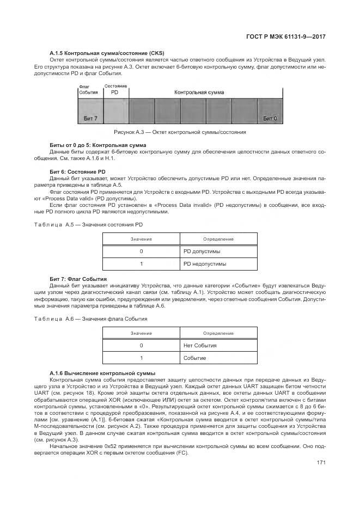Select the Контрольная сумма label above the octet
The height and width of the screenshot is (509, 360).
[x=199, y=93]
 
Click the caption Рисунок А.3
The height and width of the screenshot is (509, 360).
[x=180, y=132]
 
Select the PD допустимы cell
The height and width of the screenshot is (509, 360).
[x=202, y=252]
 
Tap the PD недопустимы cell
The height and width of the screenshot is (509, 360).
[x=205, y=263]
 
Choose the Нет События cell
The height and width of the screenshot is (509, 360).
[x=200, y=346]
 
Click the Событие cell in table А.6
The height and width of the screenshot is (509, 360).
[x=195, y=358]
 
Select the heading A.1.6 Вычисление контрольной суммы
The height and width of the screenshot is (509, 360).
[x=102, y=373]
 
